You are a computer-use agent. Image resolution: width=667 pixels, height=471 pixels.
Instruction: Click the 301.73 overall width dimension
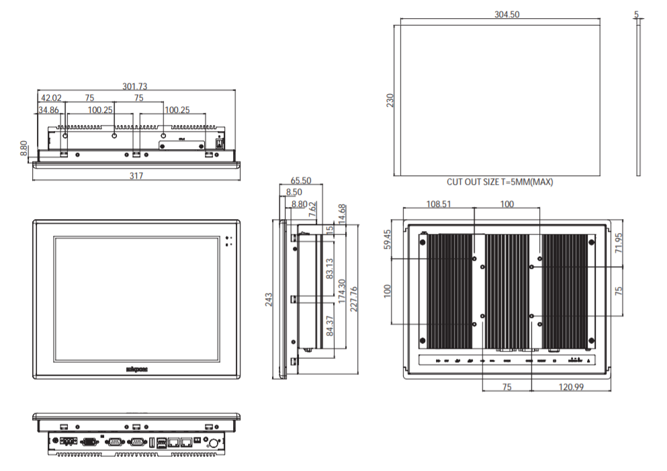tap(135, 86)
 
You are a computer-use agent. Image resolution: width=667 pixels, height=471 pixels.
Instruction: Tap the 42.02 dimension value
tap(50, 98)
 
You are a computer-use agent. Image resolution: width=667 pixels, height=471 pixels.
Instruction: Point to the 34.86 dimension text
tap(48, 110)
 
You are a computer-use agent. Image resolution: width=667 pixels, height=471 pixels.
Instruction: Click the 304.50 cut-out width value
tap(507, 14)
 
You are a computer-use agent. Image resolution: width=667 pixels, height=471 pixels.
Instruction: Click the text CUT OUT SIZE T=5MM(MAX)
tap(500, 182)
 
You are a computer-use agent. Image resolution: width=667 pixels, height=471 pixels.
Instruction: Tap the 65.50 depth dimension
tap(300, 181)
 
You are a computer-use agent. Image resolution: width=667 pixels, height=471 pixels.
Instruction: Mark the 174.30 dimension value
tap(342, 293)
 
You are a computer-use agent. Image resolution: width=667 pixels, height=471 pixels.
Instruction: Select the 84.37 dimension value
tap(329, 327)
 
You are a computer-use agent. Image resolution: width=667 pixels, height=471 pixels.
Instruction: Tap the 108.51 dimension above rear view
tap(439, 204)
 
